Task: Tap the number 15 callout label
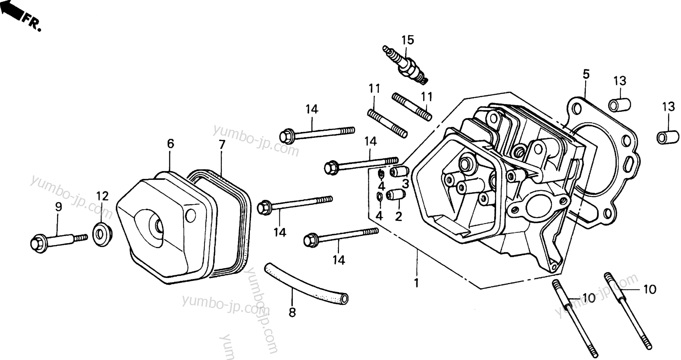(407, 40)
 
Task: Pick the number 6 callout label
(170, 144)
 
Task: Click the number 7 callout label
(222, 145)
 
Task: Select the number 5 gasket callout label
(586, 74)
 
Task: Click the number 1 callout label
(416, 283)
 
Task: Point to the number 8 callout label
(292, 313)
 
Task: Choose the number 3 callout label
(405, 183)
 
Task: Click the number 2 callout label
(398, 217)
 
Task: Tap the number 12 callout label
(102, 196)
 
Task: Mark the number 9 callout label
(59, 207)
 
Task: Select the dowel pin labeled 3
(399, 172)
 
